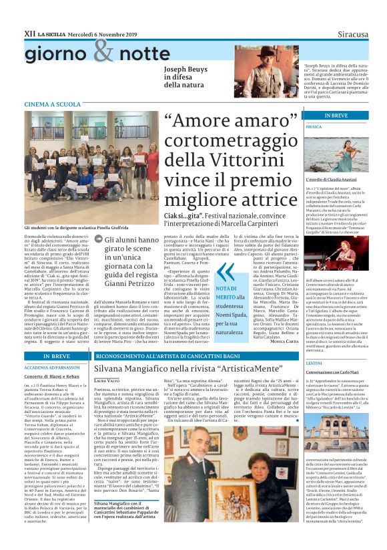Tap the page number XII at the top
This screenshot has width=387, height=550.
[x=29, y=32]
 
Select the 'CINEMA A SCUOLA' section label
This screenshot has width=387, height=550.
[x=52, y=105]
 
